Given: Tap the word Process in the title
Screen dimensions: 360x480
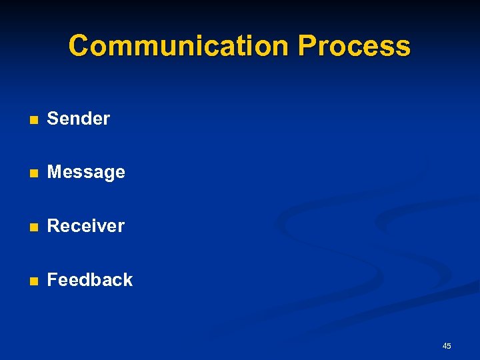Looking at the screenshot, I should [354, 46].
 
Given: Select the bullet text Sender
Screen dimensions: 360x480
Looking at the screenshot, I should [78, 119].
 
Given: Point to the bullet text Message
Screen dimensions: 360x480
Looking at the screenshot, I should [86, 172].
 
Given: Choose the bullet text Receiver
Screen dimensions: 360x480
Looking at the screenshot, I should [85, 226].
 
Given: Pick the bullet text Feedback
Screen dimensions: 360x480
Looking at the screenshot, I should [90, 280].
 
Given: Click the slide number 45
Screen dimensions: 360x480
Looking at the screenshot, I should [447, 345].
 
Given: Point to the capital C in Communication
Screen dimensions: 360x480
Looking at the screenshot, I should [79, 46].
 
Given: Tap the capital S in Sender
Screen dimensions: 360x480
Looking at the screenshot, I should [53, 119].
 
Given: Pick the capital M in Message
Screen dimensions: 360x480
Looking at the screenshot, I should [55, 172].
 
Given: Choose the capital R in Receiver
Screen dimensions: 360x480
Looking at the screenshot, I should [53, 226].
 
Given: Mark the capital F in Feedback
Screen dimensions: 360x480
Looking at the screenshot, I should [53, 280].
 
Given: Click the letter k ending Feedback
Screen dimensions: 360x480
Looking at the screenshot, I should [128, 280].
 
